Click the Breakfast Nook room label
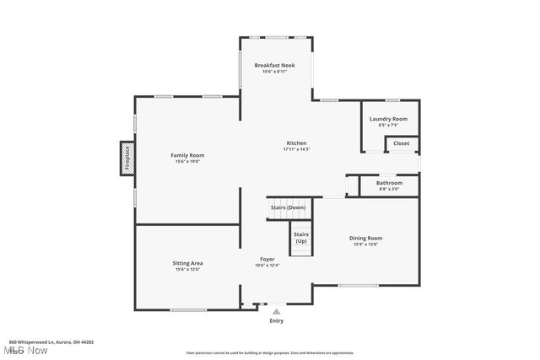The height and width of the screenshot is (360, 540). click(275, 65)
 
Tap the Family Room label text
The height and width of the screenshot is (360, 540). click(187, 155)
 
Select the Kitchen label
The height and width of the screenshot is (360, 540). click(296, 142)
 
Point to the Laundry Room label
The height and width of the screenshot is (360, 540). click(388, 119)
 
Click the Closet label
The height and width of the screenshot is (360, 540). click(402, 143)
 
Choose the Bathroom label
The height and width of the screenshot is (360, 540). click(389, 182)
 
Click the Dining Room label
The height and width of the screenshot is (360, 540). click(366, 238)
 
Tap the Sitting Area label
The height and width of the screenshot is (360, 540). click(187, 263)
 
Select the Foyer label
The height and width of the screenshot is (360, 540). click(267, 259)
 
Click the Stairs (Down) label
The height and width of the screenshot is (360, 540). click(288, 207)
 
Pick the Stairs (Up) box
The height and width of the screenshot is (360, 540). click(301, 238)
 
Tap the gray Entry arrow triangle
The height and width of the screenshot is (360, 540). click(276, 311)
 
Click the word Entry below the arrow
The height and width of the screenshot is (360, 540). click(276, 321)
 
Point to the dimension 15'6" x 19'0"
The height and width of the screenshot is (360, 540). click(187, 162)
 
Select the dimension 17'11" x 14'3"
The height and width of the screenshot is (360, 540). click(296, 149)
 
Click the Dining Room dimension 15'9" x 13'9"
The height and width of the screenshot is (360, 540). click(366, 244)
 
